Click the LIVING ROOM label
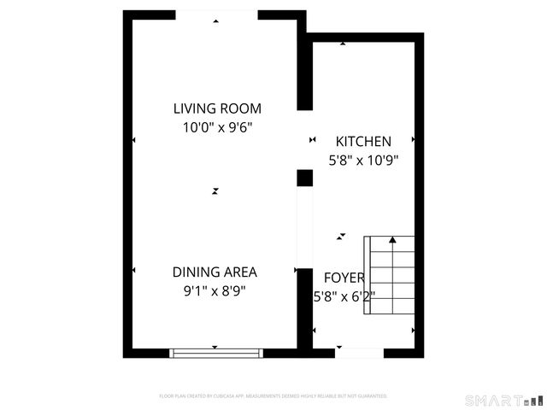217,108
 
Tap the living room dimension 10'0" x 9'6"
217,127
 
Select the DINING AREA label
215,272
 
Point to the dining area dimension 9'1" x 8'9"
215,290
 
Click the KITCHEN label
363,142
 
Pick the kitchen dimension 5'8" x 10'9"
364,160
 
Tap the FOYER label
344,278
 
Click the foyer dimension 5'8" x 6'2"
344,296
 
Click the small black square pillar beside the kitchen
304,178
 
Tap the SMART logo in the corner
503,400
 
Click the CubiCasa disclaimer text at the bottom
273,396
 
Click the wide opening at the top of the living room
215,15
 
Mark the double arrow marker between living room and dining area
215,191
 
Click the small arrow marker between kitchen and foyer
342,235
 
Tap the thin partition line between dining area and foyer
298,226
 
